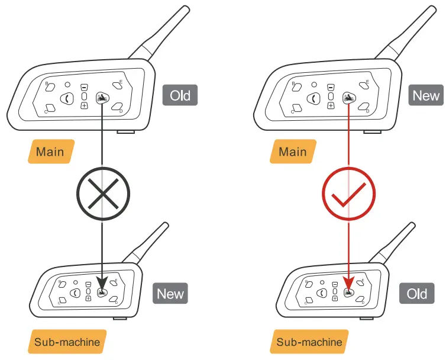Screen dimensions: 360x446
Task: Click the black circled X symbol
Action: click(x=103, y=194)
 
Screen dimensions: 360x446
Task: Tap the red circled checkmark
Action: click(x=348, y=194)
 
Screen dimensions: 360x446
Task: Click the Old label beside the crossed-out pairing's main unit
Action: click(x=180, y=95)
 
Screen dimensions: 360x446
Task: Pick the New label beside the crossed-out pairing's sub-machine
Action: click(x=170, y=294)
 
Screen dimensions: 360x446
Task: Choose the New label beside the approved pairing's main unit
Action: click(x=426, y=95)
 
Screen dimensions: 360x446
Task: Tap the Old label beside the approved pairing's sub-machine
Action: click(x=416, y=294)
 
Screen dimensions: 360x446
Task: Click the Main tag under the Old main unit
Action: click(x=50, y=152)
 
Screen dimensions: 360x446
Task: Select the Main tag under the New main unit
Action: click(x=293, y=152)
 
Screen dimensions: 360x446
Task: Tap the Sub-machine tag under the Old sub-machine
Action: click(x=309, y=342)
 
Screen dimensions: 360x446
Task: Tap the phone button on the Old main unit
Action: click(x=67, y=98)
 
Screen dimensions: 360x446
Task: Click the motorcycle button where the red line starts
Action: click(x=348, y=98)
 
